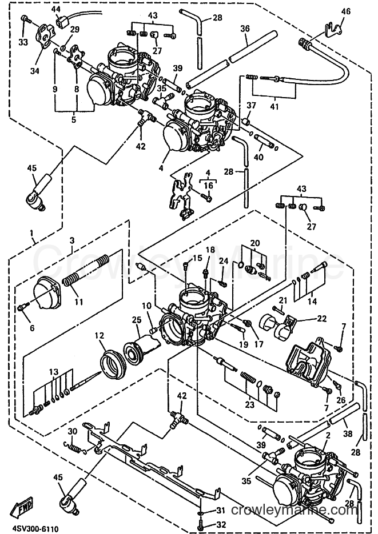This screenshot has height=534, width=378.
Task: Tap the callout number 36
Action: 245,29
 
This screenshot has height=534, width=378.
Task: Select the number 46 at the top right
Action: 345,11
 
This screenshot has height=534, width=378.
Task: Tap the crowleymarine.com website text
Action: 294,510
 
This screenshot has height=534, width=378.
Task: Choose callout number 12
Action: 99,336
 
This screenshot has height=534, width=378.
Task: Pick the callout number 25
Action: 136,320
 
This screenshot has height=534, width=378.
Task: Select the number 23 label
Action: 250,404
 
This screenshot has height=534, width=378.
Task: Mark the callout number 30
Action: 73,431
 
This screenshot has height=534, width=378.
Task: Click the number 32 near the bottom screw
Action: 221,524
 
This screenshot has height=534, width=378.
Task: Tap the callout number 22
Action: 321,319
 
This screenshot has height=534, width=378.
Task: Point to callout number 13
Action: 53,372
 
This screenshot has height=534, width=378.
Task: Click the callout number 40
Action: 258,157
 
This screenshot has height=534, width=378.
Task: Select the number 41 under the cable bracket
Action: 274,107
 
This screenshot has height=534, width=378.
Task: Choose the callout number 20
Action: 254,243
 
